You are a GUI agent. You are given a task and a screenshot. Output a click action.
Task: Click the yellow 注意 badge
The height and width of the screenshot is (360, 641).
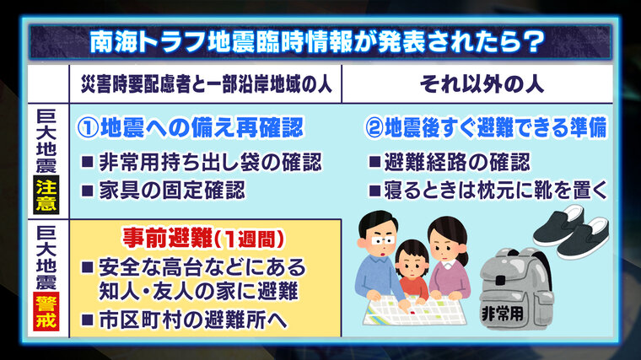click(46, 195)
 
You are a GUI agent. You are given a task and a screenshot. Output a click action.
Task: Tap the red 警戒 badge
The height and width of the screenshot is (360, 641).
click(46, 311)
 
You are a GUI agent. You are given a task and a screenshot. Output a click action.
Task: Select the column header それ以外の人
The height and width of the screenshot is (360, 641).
click(482, 84)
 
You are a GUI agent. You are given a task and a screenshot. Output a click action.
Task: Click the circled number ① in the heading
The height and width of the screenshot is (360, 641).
click(88, 128)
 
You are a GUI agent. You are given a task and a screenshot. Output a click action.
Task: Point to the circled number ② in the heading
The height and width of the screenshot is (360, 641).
click(374, 128)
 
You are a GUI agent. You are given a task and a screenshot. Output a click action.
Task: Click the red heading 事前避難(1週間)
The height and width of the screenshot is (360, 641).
click(203, 239)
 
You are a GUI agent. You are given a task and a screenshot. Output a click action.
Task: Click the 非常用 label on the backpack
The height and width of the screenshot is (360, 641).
click(503, 314)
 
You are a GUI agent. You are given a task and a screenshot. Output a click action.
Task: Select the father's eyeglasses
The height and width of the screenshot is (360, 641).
click(382, 240)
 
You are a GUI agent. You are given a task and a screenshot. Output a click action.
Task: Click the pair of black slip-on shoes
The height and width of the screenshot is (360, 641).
click(571, 231)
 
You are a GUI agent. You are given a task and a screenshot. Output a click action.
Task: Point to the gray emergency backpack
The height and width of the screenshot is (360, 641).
click(516, 288)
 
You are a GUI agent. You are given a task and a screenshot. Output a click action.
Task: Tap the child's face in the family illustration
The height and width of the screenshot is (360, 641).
click(412, 265)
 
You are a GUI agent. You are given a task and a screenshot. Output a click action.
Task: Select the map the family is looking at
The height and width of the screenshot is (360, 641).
click(414, 309)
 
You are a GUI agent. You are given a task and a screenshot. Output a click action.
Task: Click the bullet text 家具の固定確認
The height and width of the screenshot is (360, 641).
click(172, 191)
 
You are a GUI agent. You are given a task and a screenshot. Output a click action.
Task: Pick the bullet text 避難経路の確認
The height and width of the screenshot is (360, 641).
click(457, 162)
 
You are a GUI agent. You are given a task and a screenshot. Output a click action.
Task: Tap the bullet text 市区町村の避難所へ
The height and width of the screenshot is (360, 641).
click(193, 320)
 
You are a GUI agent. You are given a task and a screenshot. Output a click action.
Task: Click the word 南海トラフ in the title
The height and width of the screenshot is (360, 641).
click(148, 41)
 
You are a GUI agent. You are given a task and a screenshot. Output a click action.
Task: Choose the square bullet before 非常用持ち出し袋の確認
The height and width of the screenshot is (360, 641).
click(88, 162)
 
